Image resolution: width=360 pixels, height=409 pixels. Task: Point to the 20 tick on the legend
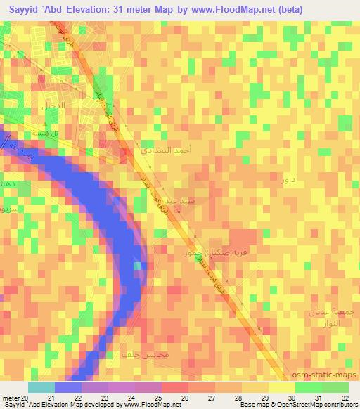tap(28, 398)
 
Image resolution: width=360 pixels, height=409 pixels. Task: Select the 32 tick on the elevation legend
tap(345, 398)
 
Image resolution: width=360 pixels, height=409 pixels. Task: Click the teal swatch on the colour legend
tap(41, 387)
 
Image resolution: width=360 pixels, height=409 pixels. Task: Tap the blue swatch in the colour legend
tap(67, 387)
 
